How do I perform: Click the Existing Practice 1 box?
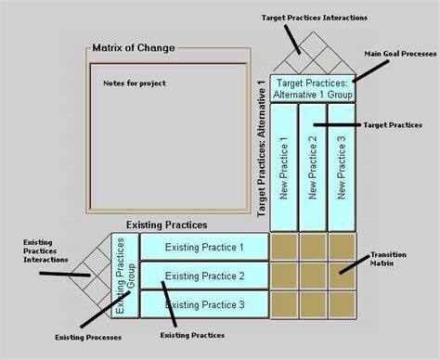pos(203,247)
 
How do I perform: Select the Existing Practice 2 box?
pos(203,276)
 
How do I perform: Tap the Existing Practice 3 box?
pos(203,304)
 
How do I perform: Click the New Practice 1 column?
pos(283,165)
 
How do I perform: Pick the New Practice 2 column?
pos(312,165)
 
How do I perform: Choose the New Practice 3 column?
pos(342,165)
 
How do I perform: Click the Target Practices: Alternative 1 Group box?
pos(313,87)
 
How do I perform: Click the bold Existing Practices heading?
pos(165,225)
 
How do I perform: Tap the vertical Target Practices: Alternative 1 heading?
pos(261,148)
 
